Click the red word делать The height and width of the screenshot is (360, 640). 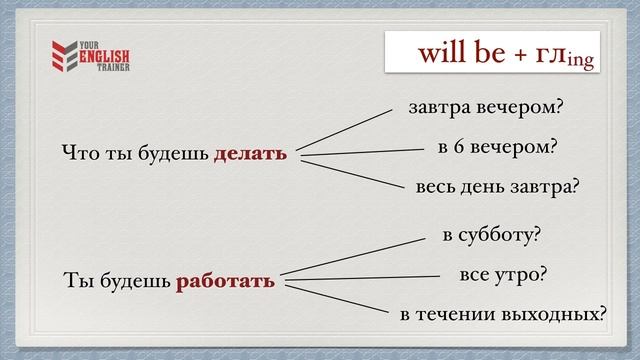point(250,154)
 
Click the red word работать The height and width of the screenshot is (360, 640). point(225,280)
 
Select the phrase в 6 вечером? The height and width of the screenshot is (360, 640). point(496,147)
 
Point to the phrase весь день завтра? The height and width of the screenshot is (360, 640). point(498,187)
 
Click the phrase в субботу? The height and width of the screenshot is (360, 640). point(491,236)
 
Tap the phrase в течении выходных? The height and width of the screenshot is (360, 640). point(503,314)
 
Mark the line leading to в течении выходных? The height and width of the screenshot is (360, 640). point(335,298)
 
